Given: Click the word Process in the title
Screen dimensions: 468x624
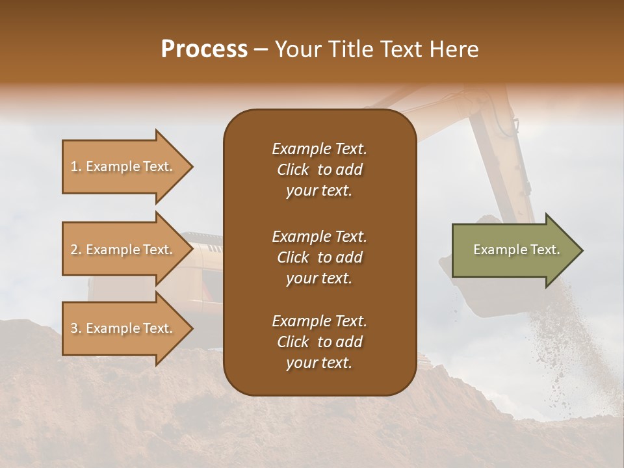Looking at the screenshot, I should click(x=204, y=49).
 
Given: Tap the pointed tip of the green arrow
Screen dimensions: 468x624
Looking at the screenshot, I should click(x=580, y=250).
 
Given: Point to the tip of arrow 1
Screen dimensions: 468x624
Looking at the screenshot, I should click(x=190, y=166).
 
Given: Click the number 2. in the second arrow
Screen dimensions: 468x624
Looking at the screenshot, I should click(x=76, y=250).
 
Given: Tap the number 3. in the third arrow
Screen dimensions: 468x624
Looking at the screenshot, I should click(x=76, y=328).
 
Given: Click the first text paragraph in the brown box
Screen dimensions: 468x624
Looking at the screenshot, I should click(x=319, y=170).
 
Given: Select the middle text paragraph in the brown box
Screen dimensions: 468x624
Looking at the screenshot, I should click(x=319, y=257).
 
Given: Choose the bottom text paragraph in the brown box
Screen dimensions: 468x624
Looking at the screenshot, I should click(x=319, y=342).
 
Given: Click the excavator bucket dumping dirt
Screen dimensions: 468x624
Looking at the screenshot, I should click(x=471, y=286).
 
